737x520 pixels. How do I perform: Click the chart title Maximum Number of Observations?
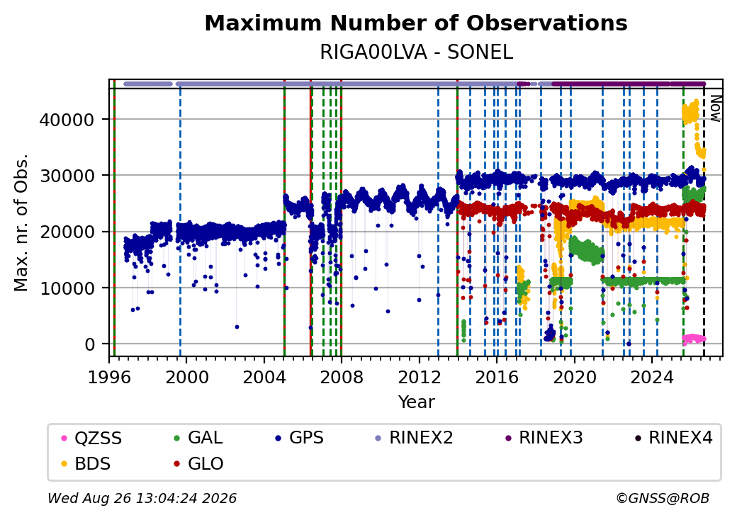tap(416, 23)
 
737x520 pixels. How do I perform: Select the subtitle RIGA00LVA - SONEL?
tap(416, 52)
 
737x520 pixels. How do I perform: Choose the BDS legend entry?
tap(86, 463)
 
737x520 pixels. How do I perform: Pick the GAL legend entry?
tap(198, 438)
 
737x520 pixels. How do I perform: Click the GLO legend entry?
tap(198, 463)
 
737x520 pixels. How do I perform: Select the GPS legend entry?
tap(299, 438)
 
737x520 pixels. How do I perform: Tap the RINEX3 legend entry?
tap(544, 438)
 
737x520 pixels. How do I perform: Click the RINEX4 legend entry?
tap(673, 438)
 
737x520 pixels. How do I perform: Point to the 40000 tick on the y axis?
tap(67, 120)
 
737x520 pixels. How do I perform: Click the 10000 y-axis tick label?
tap(67, 288)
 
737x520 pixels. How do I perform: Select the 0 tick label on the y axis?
tap(90, 344)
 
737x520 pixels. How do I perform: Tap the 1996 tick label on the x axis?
tap(109, 377)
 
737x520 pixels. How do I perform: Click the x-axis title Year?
tap(417, 402)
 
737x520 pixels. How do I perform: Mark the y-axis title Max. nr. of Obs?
tap(21, 222)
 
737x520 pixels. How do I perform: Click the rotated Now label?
tap(715, 108)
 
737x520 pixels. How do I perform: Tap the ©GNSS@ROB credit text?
tap(663, 498)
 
